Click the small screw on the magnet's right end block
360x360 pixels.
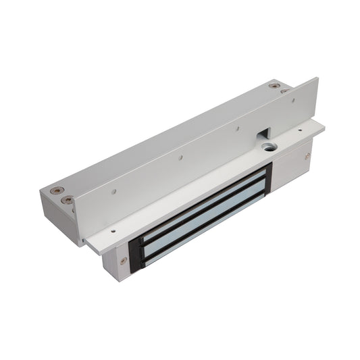point(307,156)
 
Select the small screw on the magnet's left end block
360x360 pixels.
point(123,261)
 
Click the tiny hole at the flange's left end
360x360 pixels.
point(112,230)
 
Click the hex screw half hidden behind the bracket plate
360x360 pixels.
point(284,91)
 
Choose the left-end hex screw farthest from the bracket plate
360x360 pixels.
point(57,191)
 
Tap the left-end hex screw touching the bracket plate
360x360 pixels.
point(68,200)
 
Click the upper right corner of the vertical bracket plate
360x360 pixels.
point(316,80)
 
